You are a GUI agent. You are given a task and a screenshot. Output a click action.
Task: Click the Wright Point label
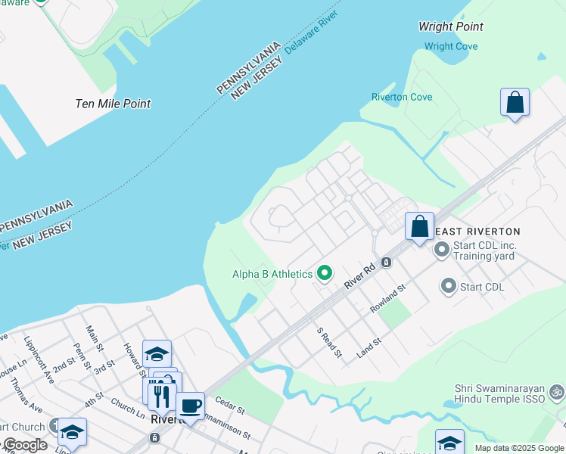(x=451, y=26)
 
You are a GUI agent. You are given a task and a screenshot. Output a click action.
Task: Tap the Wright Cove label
(x=451, y=46)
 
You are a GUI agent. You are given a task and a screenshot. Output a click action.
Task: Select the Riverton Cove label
(x=402, y=97)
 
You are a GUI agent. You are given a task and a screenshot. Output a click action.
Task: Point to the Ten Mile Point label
(x=113, y=104)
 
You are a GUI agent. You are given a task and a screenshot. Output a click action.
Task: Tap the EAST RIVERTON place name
(x=478, y=231)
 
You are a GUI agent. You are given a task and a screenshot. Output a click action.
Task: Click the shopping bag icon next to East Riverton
(x=419, y=226)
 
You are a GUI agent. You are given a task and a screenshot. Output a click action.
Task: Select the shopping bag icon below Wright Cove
(x=515, y=103)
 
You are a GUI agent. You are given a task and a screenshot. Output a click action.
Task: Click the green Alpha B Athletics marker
(x=325, y=273)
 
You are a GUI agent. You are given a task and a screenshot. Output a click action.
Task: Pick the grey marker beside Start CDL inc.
(x=441, y=248)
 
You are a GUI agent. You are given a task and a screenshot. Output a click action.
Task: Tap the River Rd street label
(x=359, y=275)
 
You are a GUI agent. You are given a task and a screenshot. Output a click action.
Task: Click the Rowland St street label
(x=388, y=299)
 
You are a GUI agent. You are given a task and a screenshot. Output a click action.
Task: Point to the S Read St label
(x=330, y=343)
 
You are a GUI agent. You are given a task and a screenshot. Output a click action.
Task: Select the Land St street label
(x=369, y=349)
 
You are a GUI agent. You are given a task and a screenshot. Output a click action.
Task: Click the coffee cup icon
(x=190, y=406)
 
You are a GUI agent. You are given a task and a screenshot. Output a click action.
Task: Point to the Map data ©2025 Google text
(x=518, y=448)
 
